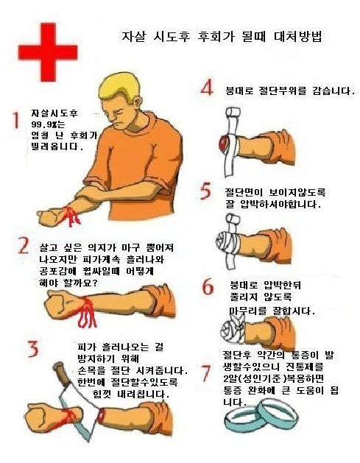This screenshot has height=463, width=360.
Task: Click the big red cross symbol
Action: [48, 52]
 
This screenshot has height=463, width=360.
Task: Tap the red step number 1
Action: [15, 120]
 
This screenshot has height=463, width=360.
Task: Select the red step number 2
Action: [24, 245]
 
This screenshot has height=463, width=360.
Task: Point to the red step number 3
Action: [33, 348]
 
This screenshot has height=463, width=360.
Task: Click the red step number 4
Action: [207, 88]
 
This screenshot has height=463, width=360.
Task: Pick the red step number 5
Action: [206, 191]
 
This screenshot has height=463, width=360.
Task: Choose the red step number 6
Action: [208, 286]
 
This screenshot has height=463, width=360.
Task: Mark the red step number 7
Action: [206, 373]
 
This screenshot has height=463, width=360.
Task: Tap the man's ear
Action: [136, 104]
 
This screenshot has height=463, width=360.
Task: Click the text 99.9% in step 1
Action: [42, 124]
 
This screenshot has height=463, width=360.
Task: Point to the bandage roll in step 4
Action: [233, 113]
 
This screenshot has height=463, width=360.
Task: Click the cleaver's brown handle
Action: [61, 372]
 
